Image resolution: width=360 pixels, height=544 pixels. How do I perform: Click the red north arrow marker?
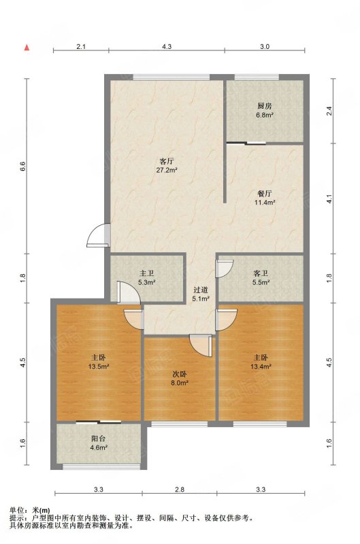click(27, 48)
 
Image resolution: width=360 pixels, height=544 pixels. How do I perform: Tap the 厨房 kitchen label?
click(264, 106)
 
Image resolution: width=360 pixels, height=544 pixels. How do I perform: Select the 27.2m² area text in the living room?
click(167, 170)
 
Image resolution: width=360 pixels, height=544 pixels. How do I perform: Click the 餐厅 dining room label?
click(265, 194)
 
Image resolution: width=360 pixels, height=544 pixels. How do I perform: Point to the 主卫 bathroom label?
click(146, 274)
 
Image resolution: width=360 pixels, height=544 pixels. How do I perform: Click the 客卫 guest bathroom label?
click(261, 274)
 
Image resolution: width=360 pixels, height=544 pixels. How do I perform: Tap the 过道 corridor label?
click(201, 290)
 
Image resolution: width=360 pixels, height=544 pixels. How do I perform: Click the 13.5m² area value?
click(98, 366)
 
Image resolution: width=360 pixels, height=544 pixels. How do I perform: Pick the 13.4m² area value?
click(261, 366)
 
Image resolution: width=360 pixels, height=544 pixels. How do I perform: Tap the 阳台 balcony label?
click(99, 439)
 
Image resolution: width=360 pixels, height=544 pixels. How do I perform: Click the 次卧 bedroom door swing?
click(201, 345)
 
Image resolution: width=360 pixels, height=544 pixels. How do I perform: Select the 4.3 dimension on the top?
click(167, 46)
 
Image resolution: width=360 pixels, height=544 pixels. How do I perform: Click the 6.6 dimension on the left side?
click(22, 167)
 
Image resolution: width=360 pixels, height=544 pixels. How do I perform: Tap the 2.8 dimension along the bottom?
click(180, 490)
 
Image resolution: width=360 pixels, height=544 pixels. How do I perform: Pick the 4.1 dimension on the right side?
click(329, 199)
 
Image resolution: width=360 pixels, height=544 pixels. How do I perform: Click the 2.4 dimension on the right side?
click(329, 111)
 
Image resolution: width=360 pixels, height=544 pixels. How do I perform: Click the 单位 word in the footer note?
click(15, 511)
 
